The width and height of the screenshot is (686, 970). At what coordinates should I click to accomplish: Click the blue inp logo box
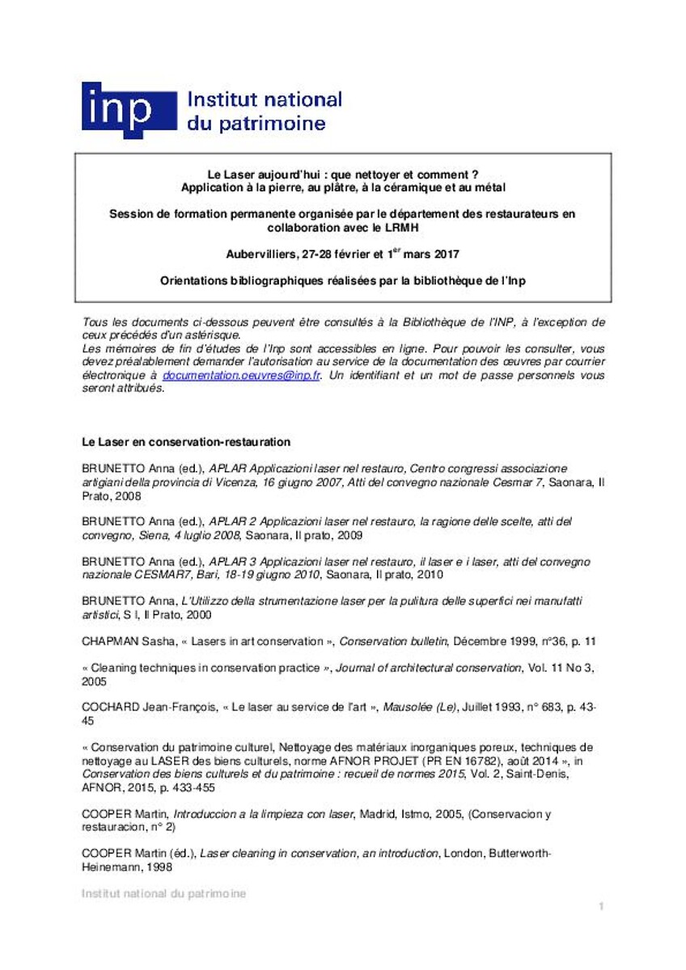129,111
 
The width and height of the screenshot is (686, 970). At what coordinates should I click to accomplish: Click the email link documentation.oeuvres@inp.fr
242,376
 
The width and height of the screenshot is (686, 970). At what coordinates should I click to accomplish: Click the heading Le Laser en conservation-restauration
186,442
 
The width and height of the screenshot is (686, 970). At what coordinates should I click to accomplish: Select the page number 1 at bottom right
601,907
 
